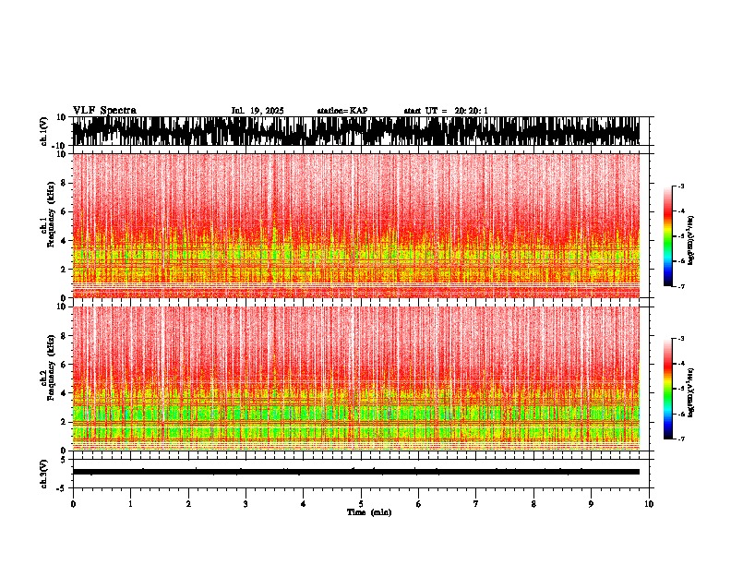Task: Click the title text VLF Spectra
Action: click(104, 111)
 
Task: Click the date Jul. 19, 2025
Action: click(258, 111)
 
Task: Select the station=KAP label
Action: click(342, 111)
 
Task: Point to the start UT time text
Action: click(446, 111)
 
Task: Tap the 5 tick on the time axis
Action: click(361, 504)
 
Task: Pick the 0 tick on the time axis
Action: click(73, 504)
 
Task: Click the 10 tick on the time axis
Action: click(649, 504)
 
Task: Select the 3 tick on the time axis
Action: click(246, 504)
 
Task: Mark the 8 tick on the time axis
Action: click(533, 504)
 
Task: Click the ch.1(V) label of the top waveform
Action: click(44, 131)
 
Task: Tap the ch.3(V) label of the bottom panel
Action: click(44, 472)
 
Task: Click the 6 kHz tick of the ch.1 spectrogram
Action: click(63, 211)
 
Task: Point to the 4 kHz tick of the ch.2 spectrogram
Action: click(63, 392)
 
